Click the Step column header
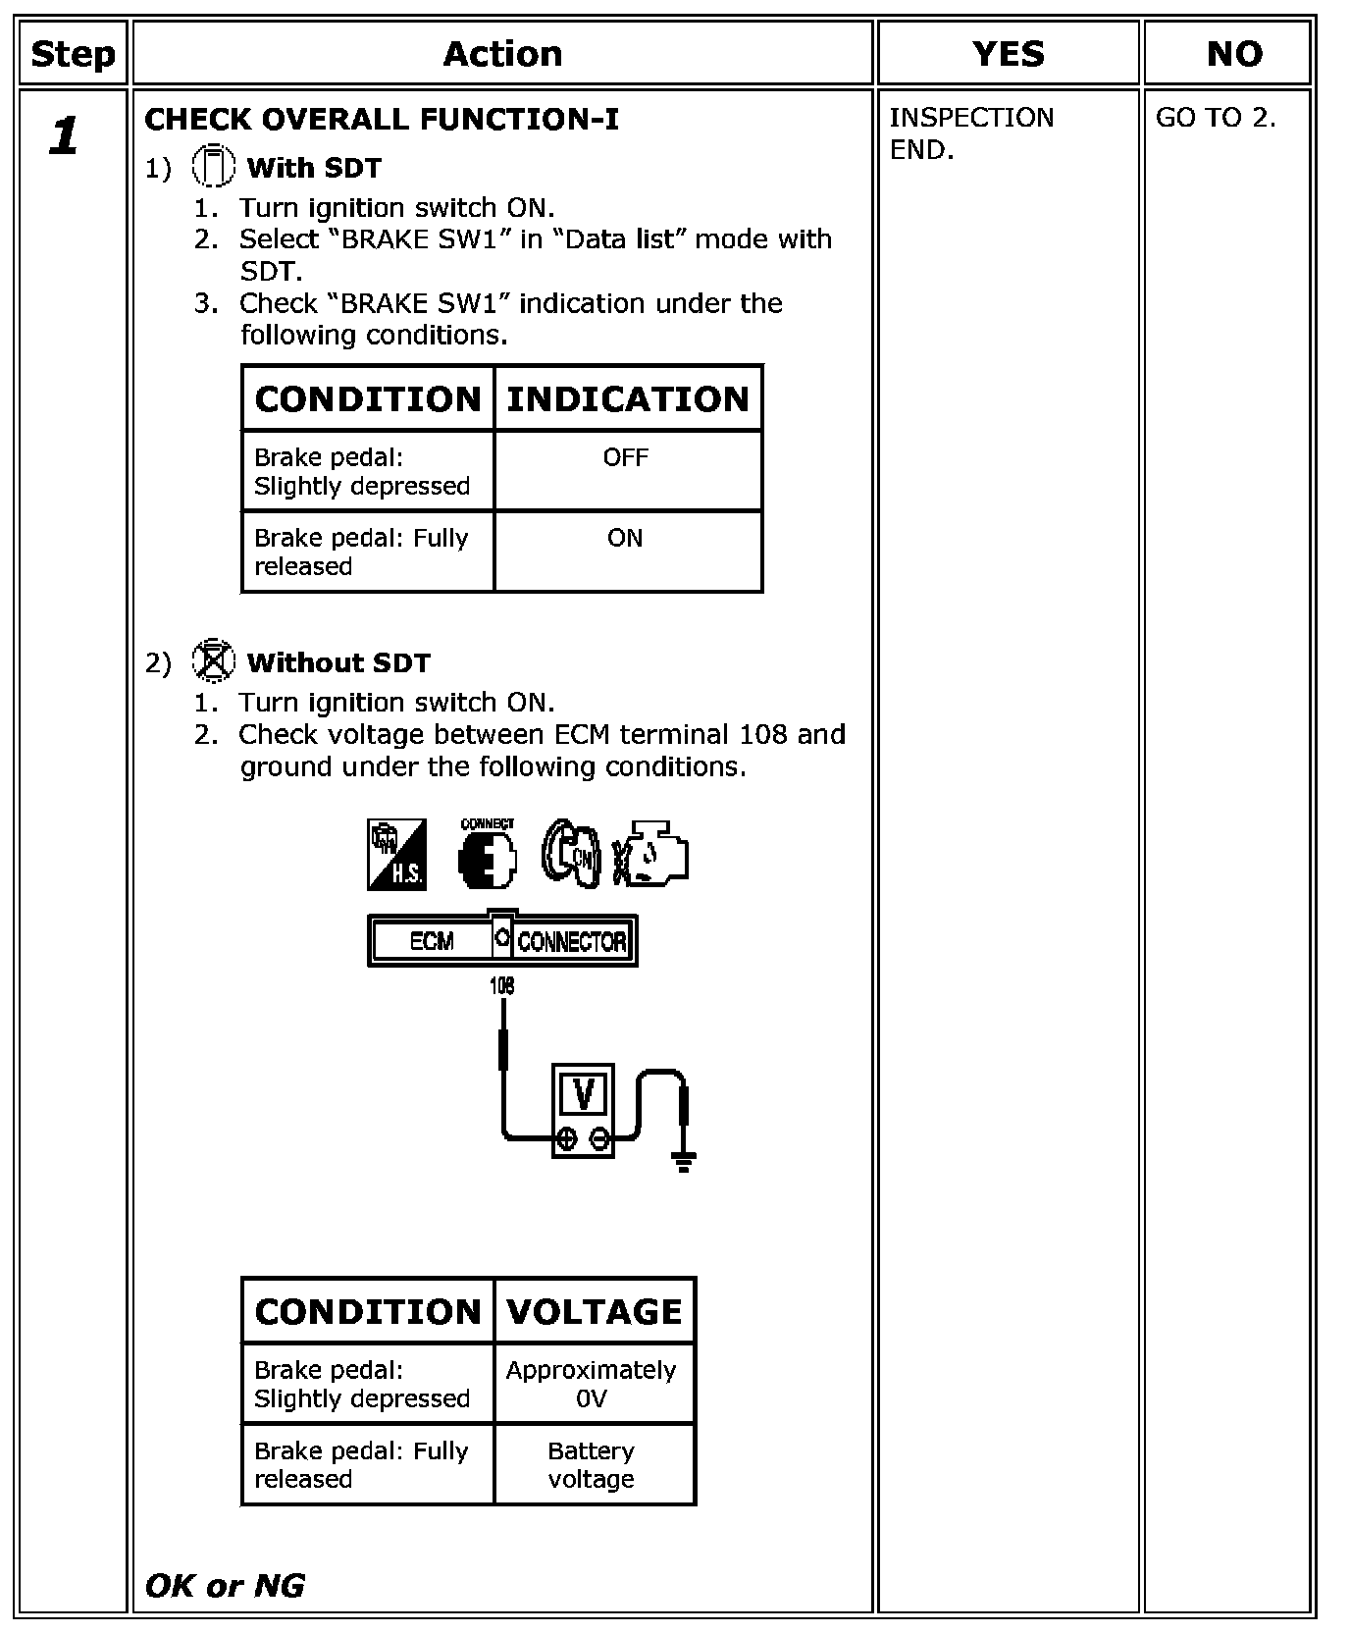(x=73, y=54)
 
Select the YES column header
(x=1008, y=54)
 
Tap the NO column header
(x=1233, y=54)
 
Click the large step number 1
(x=65, y=135)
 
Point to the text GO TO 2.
(x=1216, y=118)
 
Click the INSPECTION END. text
(x=970, y=133)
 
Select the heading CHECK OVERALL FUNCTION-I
(x=382, y=120)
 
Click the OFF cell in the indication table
(x=626, y=457)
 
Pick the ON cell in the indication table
(x=625, y=538)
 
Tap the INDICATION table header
(x=628, y=399)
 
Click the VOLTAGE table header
(x=594, y=1312)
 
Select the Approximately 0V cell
(x=592, y=1384)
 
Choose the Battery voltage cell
(x=592, y=1465)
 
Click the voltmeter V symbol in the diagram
(x=584, y=1094)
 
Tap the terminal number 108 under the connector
(x=501, y=984)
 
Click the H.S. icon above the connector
(x=396, y=855)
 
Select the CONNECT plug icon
(x=487, y=855)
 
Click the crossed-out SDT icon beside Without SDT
(x=213, y=660)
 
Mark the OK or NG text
(x=225, y=1585)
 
